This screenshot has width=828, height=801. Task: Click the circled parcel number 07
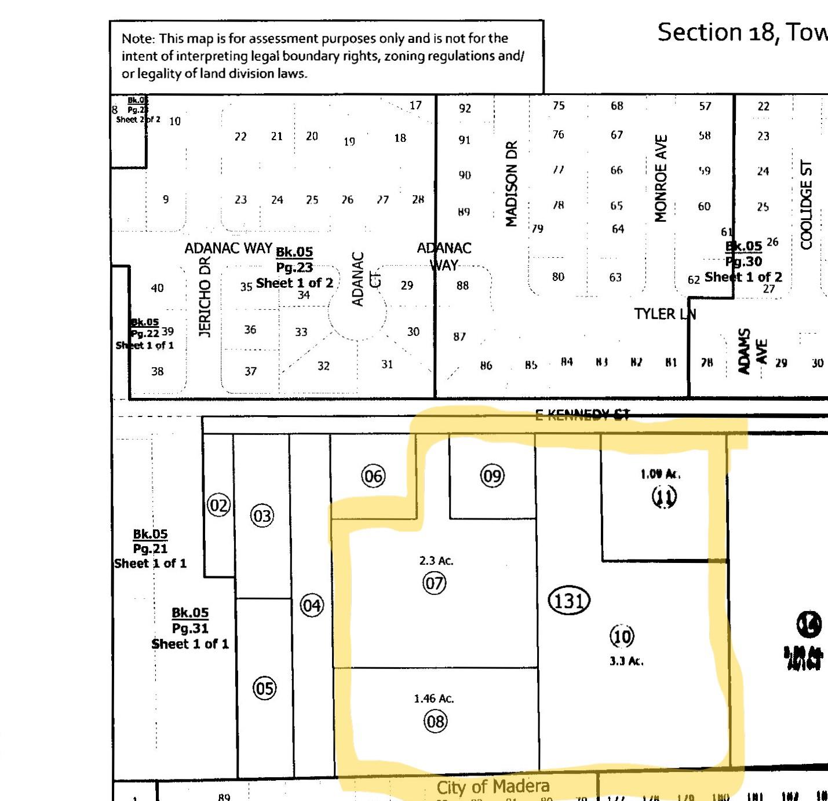click(x=435, y=583)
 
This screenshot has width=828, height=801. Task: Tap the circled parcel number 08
click(x=435, y=721)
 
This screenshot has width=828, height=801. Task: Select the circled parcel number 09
click(x=492, y=476)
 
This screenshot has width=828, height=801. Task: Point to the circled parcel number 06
click(x=373, y=476)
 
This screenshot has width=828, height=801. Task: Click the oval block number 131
click(x=568, y=601)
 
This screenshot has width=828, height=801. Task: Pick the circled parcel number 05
click(x=264, y=689)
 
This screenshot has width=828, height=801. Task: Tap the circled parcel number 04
click(x=311, y=606)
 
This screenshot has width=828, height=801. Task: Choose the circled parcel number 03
click(x=262, y=515)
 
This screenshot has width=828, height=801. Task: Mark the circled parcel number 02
click(x=218, y=506)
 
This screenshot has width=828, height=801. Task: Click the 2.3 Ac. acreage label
click(x=436, y=561)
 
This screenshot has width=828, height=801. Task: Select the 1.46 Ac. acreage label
click(x=434, y=698)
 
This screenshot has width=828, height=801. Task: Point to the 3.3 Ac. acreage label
click(x=626, y=661)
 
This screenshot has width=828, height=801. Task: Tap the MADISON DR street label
click(x=511, y=184)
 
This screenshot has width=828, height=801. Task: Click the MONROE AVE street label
click(x=661, y=178)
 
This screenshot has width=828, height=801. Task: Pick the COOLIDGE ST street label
click(x=806, y=204)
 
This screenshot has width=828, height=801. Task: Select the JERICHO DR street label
click(x=205, y=297)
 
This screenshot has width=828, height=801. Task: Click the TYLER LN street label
click(x=665, y=314)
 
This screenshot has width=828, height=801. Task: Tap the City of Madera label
click(x=493, y=787)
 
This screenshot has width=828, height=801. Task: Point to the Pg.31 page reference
click(x=190, y=628)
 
